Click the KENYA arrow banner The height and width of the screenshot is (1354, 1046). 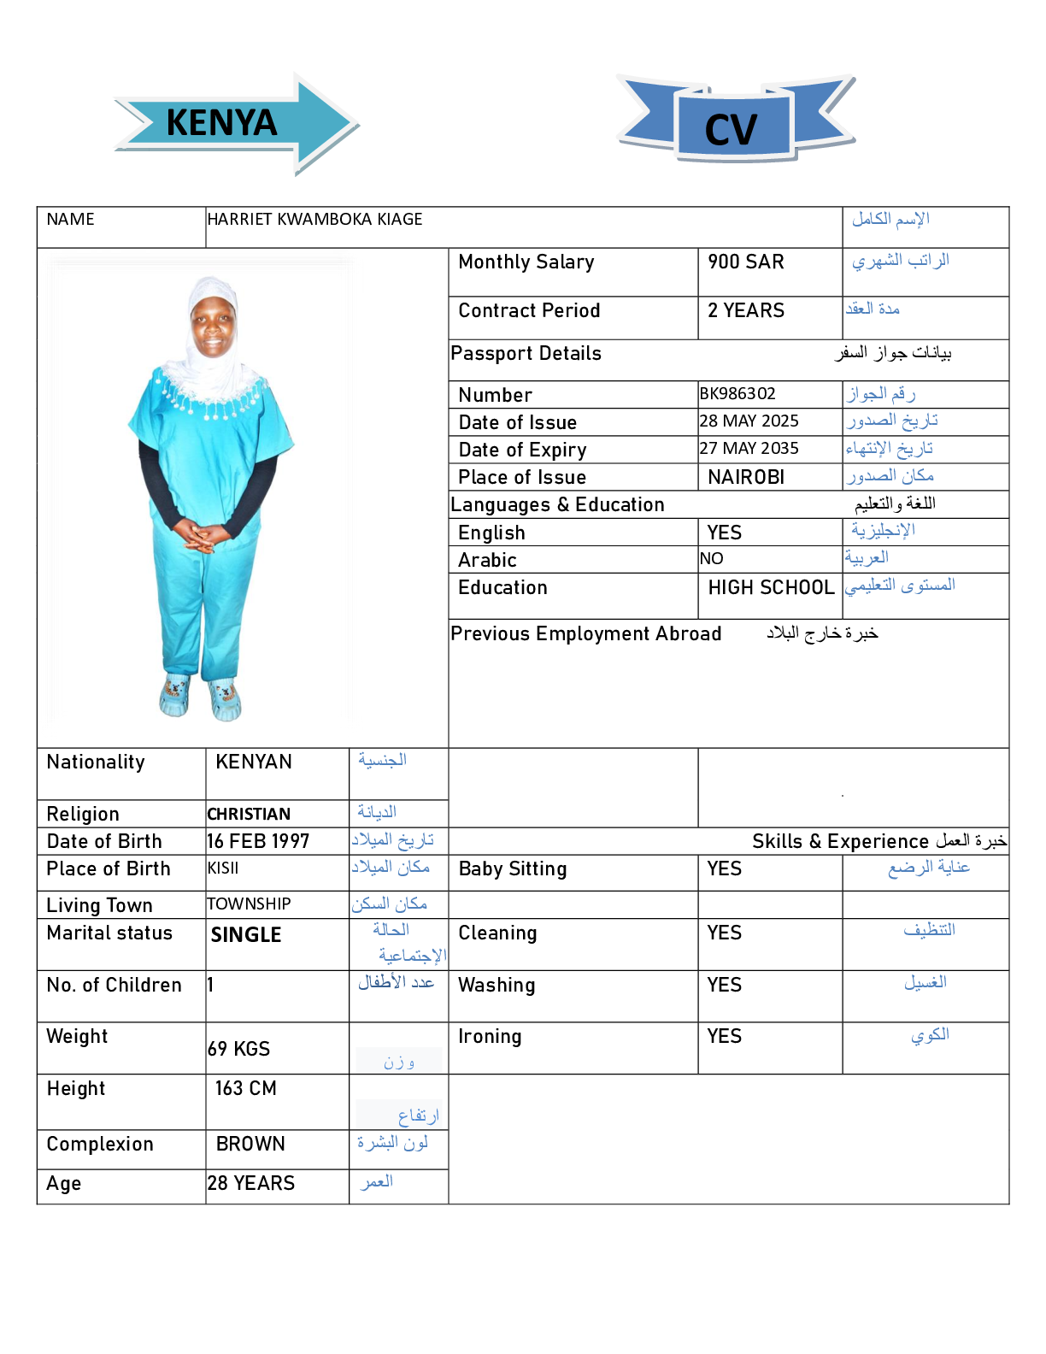point(231,123)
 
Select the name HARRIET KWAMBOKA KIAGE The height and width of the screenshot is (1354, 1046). point(314,220)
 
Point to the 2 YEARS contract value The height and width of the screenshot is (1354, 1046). point(745,311)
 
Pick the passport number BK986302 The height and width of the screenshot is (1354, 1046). point(737,394)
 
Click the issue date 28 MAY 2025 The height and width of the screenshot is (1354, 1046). point(749,421)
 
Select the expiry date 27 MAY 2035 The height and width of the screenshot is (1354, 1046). point(749,449)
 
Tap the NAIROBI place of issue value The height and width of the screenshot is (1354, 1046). point(746,477)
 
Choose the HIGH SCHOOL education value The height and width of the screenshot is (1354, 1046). point(771,588)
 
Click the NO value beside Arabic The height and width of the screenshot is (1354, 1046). point(711,559)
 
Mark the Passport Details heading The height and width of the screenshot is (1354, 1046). point(526,354)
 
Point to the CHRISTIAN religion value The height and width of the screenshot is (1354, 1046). point(249,815)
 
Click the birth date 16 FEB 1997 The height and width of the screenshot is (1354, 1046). point(258,842)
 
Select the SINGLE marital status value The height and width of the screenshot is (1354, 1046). point(246,935)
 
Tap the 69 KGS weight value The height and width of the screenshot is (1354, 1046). point(238,1049)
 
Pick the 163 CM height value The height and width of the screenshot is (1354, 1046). point(245,1089)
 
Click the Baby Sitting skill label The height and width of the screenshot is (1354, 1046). point(513,869)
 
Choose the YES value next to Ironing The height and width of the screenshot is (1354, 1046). point(724,1037)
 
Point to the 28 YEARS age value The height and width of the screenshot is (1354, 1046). point(250,1184)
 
